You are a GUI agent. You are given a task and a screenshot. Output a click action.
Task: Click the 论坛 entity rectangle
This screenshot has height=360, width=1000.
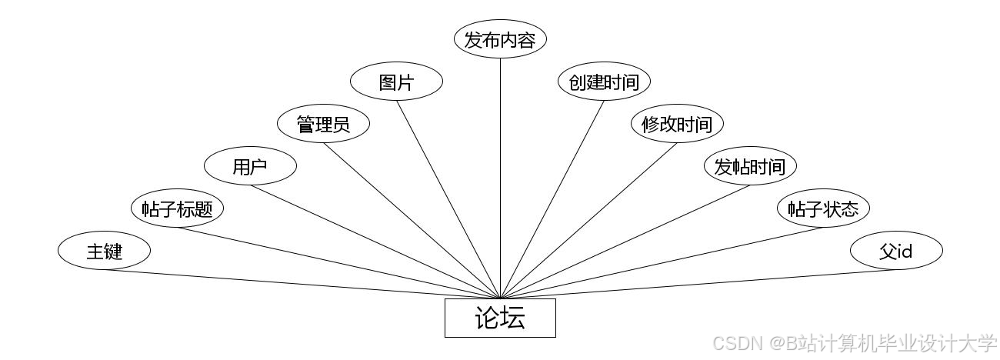500,318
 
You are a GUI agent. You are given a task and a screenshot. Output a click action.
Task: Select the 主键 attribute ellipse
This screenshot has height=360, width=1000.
104,251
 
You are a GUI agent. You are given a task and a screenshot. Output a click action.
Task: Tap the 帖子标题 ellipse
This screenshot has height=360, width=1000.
177,208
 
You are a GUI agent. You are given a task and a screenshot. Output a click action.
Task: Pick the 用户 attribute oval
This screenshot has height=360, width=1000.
250,166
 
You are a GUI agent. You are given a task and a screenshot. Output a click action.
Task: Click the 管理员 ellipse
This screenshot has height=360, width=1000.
323,124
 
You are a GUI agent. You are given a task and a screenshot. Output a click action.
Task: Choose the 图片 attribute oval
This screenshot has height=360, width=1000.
396,82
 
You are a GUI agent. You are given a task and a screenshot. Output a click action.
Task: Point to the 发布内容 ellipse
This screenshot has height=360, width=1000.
500,39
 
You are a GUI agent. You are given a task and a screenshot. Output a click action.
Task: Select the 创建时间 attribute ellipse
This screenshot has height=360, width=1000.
604,82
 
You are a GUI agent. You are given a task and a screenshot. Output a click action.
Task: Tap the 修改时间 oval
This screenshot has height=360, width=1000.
677,124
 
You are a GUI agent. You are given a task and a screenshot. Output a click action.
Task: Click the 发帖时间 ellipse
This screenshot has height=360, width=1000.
750,166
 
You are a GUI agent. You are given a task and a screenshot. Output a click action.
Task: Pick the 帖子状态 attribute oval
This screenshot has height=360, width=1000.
823,208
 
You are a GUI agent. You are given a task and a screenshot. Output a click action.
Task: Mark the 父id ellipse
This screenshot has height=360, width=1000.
896,251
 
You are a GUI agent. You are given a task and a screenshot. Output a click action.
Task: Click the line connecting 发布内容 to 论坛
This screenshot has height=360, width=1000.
500,177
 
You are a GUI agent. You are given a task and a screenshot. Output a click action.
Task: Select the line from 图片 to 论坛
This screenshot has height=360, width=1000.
448,198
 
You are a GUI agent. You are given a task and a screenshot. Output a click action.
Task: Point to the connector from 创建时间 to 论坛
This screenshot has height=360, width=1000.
552,198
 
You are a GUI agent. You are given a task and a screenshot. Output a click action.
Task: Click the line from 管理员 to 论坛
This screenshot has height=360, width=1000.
412,220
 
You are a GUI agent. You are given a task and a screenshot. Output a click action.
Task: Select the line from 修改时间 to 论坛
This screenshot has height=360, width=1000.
588,220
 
